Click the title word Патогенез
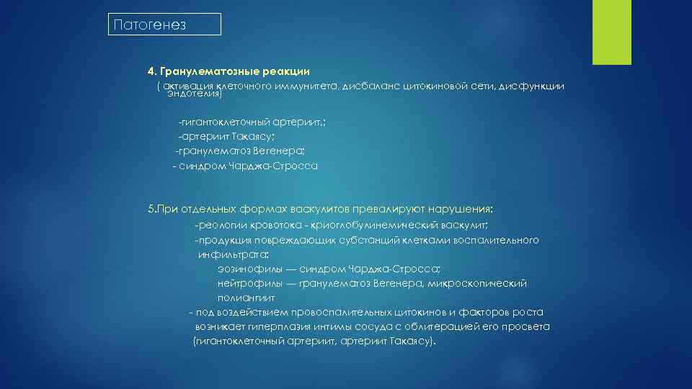(x=149, y=25)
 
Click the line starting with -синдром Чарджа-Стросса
(x=245, y=166)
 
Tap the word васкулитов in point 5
(x=317, y=209)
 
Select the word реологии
(x=223, y=225)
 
